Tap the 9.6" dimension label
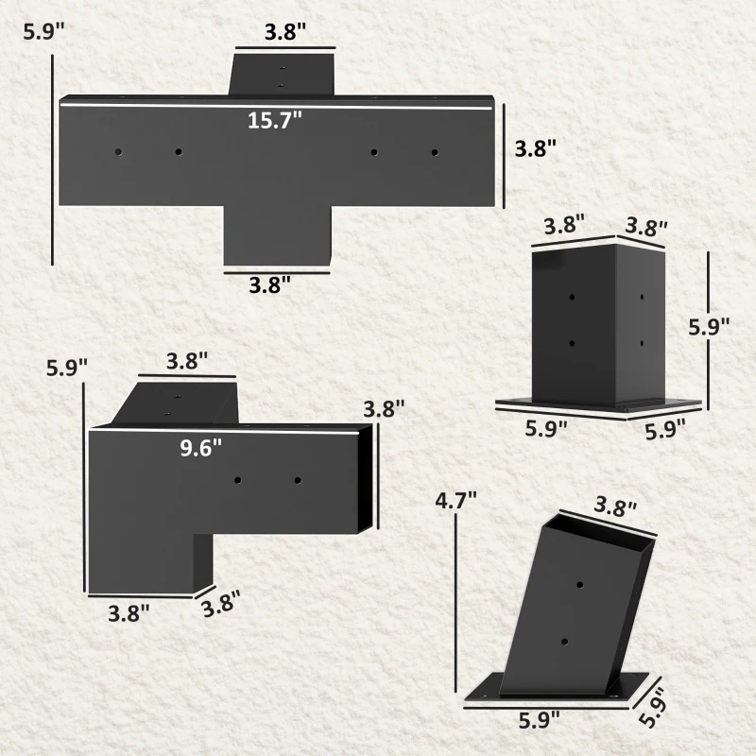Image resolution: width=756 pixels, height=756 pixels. [x=201, y=448]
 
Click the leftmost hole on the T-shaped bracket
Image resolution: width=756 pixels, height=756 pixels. [x=119, y=151]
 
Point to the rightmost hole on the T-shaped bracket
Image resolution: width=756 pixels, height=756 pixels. [x=435, y=151]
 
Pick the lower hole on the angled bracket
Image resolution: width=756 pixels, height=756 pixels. [x=564, y=643]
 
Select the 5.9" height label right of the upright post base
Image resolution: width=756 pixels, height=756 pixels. [x=709, y=328]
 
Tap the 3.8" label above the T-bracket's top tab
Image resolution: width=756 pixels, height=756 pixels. [x=284, y=31]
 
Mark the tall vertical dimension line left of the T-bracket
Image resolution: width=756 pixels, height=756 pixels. [x=53, y=161]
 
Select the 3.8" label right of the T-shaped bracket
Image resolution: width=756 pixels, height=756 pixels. [x=535, y=148]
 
